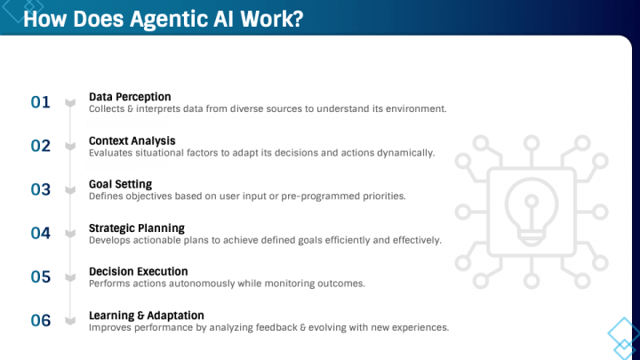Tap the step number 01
(41, 102)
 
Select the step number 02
(41, 146)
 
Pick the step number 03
(41, 189)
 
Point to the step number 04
(41, 233)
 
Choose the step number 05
(41, 276)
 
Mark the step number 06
(41, 320)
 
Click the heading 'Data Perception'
(130, 96)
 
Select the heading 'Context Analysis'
(132, 140)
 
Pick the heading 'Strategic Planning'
(137, 228)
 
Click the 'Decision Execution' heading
(138, 271)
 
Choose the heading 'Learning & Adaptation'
(146, 315)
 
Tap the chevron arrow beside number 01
(71, 103)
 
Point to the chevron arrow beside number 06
(71, 321)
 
